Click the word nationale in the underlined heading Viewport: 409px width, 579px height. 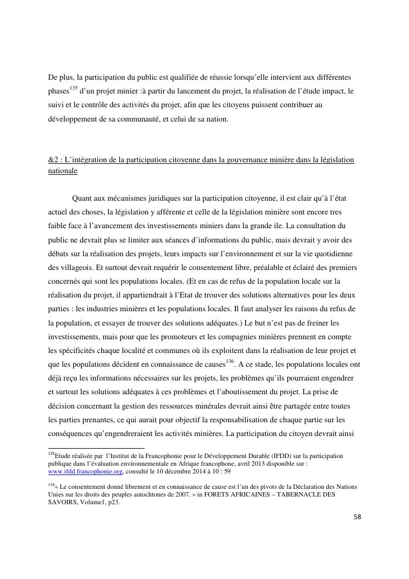click(x=63, y=171)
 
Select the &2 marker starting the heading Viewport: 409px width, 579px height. click(x=53, y=160)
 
